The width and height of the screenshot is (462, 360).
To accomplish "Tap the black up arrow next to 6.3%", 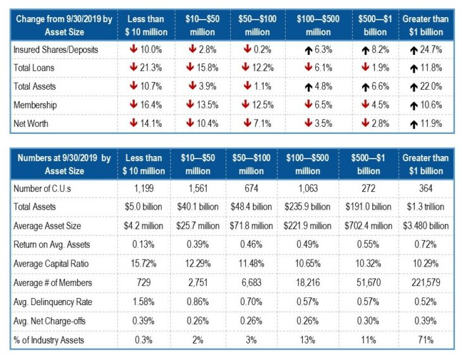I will click(x=296, y=49).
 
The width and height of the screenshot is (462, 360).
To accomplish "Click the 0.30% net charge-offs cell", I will click(x=367, y=320).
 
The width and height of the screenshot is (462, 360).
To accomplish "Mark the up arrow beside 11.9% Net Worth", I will click(x=412, y=124).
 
